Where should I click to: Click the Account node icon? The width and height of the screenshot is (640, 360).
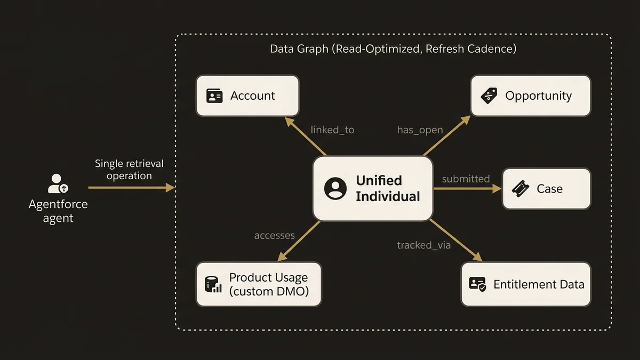[x=214, y=96]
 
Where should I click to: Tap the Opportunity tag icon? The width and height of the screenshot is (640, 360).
[x=489, y=96]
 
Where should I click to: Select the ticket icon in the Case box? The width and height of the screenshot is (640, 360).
[x=520, y=189]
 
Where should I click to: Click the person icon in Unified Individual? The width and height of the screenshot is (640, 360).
[x=335, y=189]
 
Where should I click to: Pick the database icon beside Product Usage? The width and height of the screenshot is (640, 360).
[x=213, y=284]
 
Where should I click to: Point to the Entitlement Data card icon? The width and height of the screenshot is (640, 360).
[x=477, y=284]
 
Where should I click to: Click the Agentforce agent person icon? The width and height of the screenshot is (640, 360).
[x=58, y=183]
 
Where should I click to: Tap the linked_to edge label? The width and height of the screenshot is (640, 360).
[x=332, y=130]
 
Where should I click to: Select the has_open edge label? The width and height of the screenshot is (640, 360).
[x=420, y=130]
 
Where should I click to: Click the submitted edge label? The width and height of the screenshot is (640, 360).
[x=466, y=179]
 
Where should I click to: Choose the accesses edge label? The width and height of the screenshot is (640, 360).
[x=274, y=235]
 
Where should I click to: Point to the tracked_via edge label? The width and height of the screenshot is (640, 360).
[x=423, y=245]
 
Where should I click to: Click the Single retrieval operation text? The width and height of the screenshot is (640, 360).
[x=129, y=170]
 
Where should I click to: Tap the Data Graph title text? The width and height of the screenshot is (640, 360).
[x=393, y=49]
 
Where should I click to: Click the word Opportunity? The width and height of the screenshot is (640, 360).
[x=538, y=96]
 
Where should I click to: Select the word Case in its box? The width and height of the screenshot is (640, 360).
[x=549, y=189]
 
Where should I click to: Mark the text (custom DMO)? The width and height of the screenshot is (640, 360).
[x=269, y=291]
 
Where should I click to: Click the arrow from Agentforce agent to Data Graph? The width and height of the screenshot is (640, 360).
[x=131, y=188]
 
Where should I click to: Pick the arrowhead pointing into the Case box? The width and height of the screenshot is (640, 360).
[x=497, y=189]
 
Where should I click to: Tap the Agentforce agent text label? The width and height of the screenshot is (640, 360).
[x=58, y=211]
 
